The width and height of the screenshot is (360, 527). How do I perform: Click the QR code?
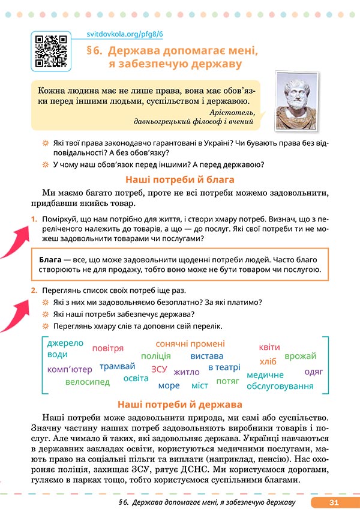50,52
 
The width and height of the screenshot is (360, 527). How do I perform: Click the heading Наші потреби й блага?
179,179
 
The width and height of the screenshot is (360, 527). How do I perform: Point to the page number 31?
334,502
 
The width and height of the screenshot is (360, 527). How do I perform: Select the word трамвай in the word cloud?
118,366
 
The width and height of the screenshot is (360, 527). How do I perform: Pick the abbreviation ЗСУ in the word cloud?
159,369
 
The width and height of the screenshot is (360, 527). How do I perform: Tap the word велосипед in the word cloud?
88,381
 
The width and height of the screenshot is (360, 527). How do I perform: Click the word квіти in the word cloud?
269,347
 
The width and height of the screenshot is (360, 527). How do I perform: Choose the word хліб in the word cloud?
268,361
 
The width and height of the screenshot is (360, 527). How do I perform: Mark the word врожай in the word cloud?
301,357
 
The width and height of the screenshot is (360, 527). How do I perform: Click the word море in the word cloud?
169,385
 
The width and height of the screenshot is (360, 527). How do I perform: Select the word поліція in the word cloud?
155,356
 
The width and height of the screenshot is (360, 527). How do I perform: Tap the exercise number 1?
34,220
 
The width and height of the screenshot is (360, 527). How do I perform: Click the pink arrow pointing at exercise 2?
15,312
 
